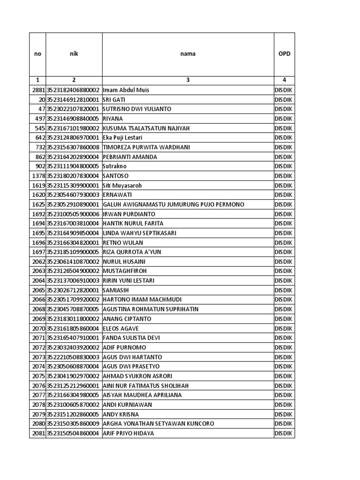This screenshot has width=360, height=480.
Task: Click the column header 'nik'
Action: (74, 53)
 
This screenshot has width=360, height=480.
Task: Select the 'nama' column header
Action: (188, 53)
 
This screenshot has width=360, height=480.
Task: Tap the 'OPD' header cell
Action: (284, 53)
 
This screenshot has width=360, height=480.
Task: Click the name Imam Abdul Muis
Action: (126, 90)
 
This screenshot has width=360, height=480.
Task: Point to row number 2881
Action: (38, 90)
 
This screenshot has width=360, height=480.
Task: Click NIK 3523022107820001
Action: (73, 109)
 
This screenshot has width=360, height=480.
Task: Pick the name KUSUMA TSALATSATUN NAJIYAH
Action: (147, 128)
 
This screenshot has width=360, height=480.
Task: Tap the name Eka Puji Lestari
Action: (122, 138)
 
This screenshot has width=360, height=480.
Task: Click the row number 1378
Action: (38, 176)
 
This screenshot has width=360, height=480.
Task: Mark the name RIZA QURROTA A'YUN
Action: (132, 252)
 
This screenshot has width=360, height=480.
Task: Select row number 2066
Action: (38, 300)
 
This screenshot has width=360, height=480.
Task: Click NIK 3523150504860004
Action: (73, 433)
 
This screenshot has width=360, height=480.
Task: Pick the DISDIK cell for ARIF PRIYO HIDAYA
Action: (284, 433)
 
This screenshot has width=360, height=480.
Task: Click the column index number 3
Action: (188, 80)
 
